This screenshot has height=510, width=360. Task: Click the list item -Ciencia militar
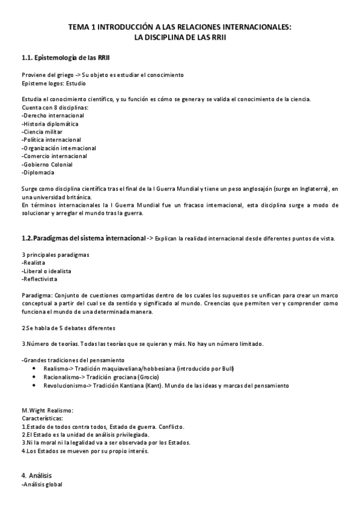coord(41,131)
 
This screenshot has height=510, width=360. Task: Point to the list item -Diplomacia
coord(38,173)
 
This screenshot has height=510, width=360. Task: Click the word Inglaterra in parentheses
coord(310,189)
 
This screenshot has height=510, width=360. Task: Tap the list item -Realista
coord(33,263)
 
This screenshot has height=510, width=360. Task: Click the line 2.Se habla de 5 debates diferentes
coord(68,328)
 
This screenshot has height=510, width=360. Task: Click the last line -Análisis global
coord(41,484)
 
